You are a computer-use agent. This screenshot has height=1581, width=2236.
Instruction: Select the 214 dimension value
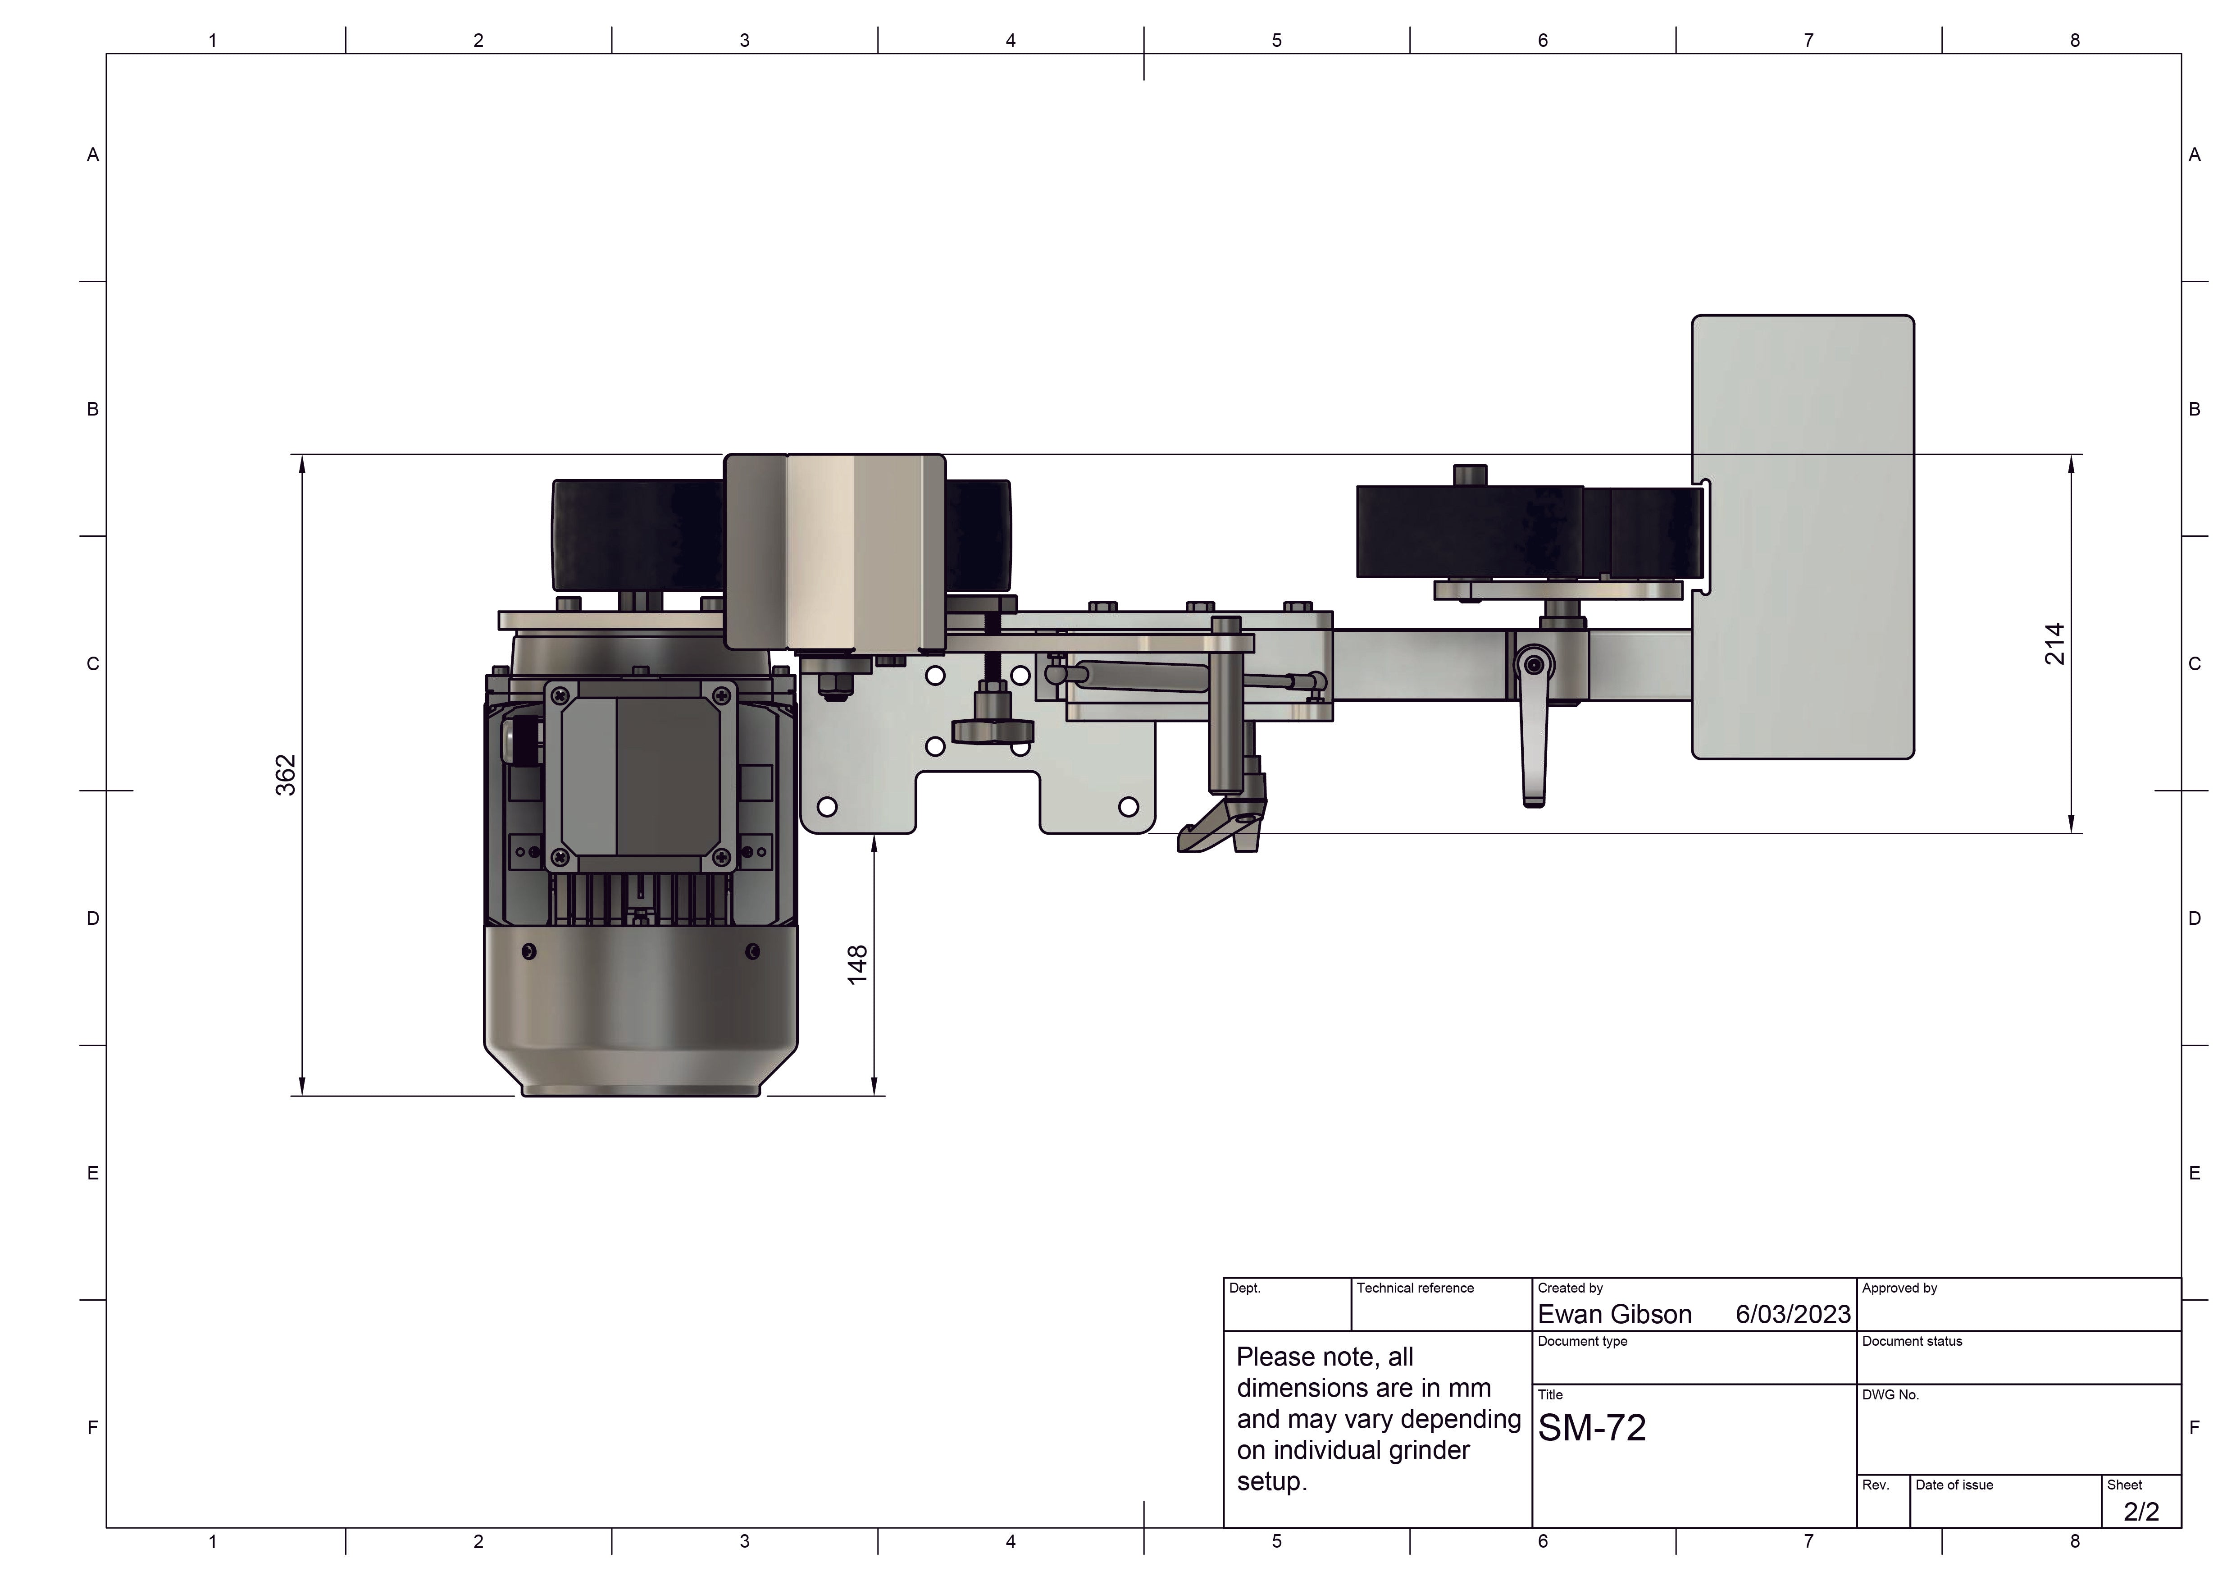(2054, 644)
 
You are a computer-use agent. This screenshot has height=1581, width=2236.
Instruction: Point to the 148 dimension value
(857, 964)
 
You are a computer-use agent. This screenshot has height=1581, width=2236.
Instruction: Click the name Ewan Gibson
(1615, 1315)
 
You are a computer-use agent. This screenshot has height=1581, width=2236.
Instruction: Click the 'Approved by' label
(1899, 1288)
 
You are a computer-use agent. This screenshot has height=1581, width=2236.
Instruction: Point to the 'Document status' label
(1912, 1341)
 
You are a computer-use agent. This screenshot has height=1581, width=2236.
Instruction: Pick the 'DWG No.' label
(1890, 1395)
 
